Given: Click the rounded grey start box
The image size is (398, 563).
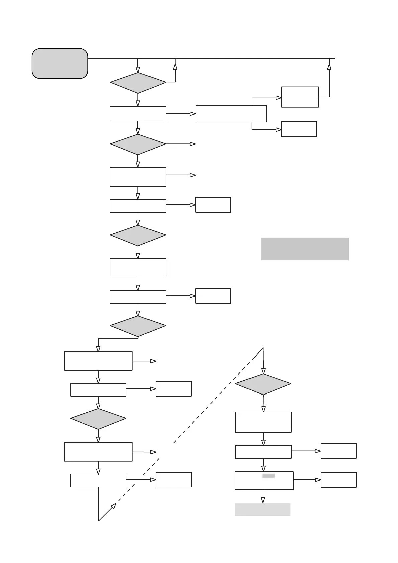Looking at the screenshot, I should (x=60, y=64).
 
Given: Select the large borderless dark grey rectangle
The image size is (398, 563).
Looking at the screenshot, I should (x=304, y=249).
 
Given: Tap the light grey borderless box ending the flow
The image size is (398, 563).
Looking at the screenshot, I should (x=263, y=510).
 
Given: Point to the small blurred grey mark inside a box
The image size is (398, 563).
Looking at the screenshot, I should (x=268, y=476).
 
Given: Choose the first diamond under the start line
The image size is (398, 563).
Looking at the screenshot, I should (x=138, y=83).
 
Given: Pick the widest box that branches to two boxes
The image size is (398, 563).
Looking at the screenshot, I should (x=231, y=114).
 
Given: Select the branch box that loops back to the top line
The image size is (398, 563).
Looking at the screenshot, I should (x=300, y=97).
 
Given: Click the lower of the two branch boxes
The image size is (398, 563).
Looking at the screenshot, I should (x=299, y=129).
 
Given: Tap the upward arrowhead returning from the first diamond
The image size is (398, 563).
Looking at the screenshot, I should (x=175, y=66).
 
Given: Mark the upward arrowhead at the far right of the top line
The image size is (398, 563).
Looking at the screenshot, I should (x=329, y=66).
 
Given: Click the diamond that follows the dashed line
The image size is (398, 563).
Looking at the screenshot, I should (x=263, y=384).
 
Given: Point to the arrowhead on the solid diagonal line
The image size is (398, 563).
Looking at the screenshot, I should (x=114, y=506).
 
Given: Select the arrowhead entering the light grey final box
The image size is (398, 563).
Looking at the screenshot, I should (x=263, y=500).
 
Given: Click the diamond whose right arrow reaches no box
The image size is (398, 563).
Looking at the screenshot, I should (x=138, y=144).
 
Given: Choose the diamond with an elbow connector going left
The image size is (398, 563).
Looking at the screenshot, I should (x=138, y=326).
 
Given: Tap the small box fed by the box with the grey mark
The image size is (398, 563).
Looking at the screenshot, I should (x=338, y=480).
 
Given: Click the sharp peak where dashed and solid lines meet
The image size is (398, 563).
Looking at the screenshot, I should (x=263, y=348).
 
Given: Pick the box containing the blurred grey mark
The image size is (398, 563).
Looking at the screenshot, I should (x=264, y=481).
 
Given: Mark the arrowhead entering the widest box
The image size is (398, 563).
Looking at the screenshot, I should (x=193, y=114).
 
